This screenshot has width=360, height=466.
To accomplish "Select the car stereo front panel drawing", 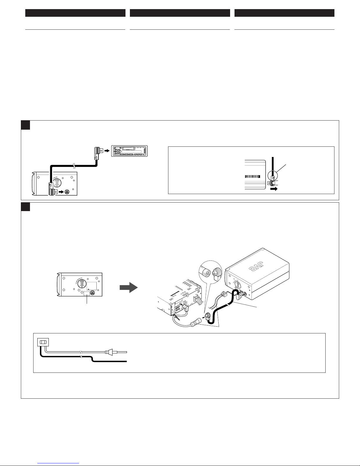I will (x=130, y=151).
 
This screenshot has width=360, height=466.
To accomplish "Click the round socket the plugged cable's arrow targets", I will (x=67, y=191).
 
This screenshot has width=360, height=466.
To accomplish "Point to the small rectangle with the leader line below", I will (x=87, y=293).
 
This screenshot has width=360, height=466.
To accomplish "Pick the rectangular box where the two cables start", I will (x=42, y=343).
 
